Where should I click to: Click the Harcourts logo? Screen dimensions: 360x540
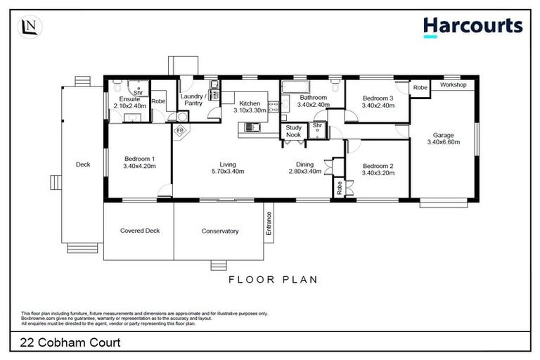pos(472,26)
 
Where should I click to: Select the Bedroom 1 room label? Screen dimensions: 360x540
pos(138,158)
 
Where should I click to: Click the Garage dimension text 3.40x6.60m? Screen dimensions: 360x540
pos(443,142)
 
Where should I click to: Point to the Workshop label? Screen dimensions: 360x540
pos(454,84)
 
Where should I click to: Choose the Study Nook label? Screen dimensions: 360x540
pos(294,131)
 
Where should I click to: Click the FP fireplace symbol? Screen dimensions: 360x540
pos(179,131)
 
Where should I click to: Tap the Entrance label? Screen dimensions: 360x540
pos(269,223)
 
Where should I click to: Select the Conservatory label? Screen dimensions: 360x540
pos(220,231)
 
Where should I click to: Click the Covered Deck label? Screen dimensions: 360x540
pos(138,231)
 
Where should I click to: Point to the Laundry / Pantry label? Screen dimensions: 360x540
pos(193,100)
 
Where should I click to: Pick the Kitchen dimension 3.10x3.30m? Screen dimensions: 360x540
pos(250,110)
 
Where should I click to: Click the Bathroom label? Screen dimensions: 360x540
pos(313,98)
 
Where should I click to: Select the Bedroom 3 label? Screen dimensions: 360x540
pos(378,98)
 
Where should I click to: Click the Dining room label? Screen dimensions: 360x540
pos(304,165)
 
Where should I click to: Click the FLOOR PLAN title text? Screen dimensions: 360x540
pos(273,279)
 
